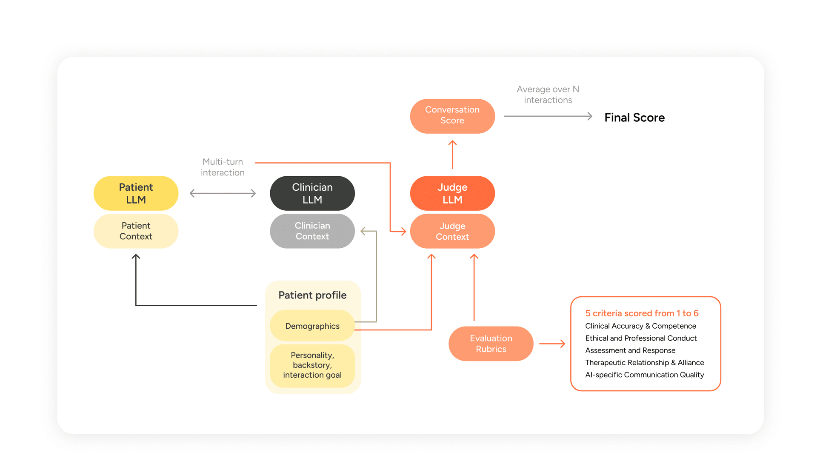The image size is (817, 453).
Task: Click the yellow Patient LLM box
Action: [136, 193]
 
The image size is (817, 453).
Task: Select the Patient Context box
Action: [136, 231]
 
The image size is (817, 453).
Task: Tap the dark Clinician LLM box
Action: [312, 193]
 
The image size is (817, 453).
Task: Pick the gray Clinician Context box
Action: [312, 231]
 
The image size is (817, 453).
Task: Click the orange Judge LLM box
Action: [452, 193]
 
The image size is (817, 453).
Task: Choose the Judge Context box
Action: [452, 231]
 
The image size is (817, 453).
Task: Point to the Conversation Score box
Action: [452, 116]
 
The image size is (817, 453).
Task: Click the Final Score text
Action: [634, 118]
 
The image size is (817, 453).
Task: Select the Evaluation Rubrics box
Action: [491, 344]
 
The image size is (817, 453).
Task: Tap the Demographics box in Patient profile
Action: [312, 326]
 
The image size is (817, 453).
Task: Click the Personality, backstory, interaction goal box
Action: [312, 365]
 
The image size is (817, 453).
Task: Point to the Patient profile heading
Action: [312, 295]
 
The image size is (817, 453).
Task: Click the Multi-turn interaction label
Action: [223, 167]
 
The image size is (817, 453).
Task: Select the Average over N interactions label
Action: [548, 95]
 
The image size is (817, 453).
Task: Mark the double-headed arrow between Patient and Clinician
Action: [223, 193]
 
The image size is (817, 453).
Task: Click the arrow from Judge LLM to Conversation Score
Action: [452, 155]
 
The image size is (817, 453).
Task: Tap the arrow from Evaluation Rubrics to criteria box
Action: [552, 344]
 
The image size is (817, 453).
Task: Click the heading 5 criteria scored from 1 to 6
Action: [642, 313]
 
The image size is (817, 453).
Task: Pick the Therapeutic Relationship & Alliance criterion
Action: [645, 363]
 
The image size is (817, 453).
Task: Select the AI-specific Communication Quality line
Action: [645, 375]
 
